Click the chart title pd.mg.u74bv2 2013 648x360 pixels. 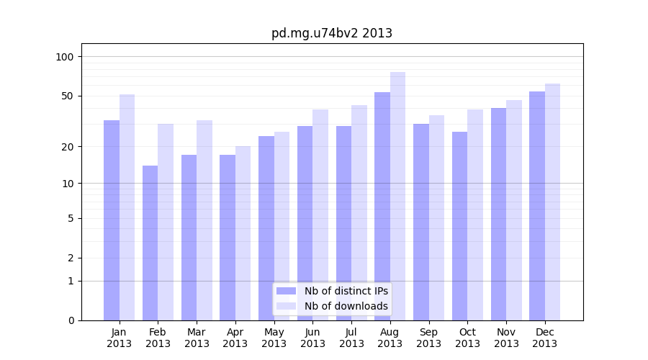tap(331, 33)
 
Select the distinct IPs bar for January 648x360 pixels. tap(112, 220)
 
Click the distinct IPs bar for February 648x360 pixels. tap(150, 243)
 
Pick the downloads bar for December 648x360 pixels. tap(552, 202)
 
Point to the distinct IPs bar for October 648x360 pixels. tap(459, 225)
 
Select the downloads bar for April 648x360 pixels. tap(243, 233)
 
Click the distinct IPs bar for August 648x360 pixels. tap(382, 206)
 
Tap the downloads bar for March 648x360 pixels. tap(204, 220)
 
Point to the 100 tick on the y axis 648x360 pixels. tap(65, 57)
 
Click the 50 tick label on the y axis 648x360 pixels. tap(67, 96)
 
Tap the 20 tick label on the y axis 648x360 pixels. tap(67, 147)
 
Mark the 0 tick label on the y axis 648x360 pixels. tap(71, 320)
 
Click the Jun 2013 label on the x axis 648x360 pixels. tap(312, 338)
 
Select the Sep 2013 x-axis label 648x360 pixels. tap(428, 338)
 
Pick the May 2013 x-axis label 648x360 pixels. tap(274, 338)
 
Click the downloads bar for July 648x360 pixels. tap(359, 212)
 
